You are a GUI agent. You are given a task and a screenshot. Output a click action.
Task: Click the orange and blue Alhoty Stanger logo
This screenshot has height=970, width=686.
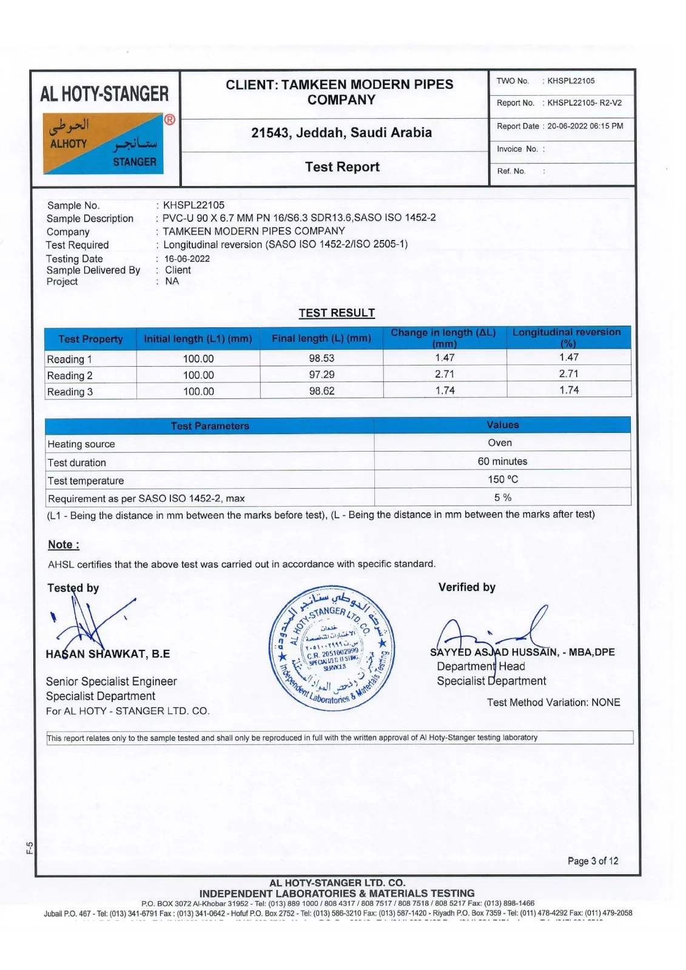point(103,144)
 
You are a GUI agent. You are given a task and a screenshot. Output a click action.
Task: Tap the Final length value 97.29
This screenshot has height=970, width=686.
point(321,375)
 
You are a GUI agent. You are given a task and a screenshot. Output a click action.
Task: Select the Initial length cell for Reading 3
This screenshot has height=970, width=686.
point(198,392)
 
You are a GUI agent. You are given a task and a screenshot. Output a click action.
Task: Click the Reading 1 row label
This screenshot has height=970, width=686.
point(70,360)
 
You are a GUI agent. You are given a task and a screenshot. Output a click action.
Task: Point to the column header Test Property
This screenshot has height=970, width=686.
point(90,339)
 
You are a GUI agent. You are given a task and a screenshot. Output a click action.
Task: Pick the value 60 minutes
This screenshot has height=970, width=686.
point(502,461)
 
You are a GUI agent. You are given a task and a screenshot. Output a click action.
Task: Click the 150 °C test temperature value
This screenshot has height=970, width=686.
point(503,480)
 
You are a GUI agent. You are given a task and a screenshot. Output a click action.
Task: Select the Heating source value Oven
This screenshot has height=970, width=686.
point(500,443)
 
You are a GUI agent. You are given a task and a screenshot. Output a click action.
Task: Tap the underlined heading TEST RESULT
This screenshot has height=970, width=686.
point(337,313)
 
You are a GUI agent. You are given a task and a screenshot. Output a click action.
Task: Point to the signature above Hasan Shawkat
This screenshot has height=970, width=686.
point(91,621)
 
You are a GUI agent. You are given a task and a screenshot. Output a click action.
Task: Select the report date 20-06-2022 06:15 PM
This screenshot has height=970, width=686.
point(585,126)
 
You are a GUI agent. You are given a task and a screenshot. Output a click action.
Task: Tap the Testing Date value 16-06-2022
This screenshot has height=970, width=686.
point(187,259)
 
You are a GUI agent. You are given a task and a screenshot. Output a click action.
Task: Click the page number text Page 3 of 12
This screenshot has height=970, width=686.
point(593,861)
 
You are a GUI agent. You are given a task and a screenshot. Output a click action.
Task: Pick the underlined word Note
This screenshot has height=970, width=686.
point(63,544)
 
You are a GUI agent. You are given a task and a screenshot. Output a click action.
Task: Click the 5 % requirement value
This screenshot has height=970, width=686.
point(502,498)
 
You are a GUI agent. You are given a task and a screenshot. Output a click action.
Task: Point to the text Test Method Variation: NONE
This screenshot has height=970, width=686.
point(553,703)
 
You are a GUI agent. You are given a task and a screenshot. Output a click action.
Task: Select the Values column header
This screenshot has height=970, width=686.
point(502,425)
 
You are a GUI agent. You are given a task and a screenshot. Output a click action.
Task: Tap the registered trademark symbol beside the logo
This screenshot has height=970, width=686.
point(170,119)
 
